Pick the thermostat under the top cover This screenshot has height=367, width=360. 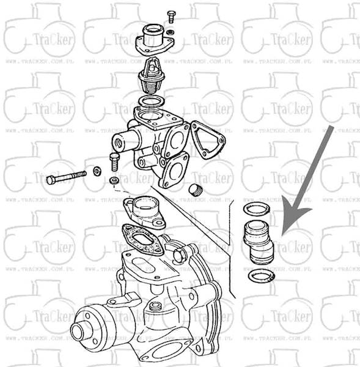[x=150, y=76]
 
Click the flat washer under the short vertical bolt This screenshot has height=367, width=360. [x=114, y=180]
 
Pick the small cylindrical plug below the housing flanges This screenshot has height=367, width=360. [x=196, y=189]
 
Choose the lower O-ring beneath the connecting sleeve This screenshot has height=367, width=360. [x=262, y=276]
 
